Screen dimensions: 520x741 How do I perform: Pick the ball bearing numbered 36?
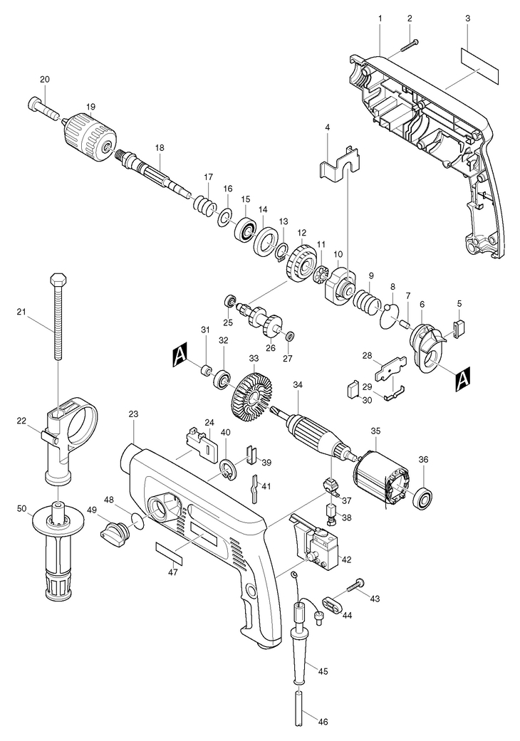coord(422,496)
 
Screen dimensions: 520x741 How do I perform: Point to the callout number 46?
coord(323,721)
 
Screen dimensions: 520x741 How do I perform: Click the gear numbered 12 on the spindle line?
coord(301,263)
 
